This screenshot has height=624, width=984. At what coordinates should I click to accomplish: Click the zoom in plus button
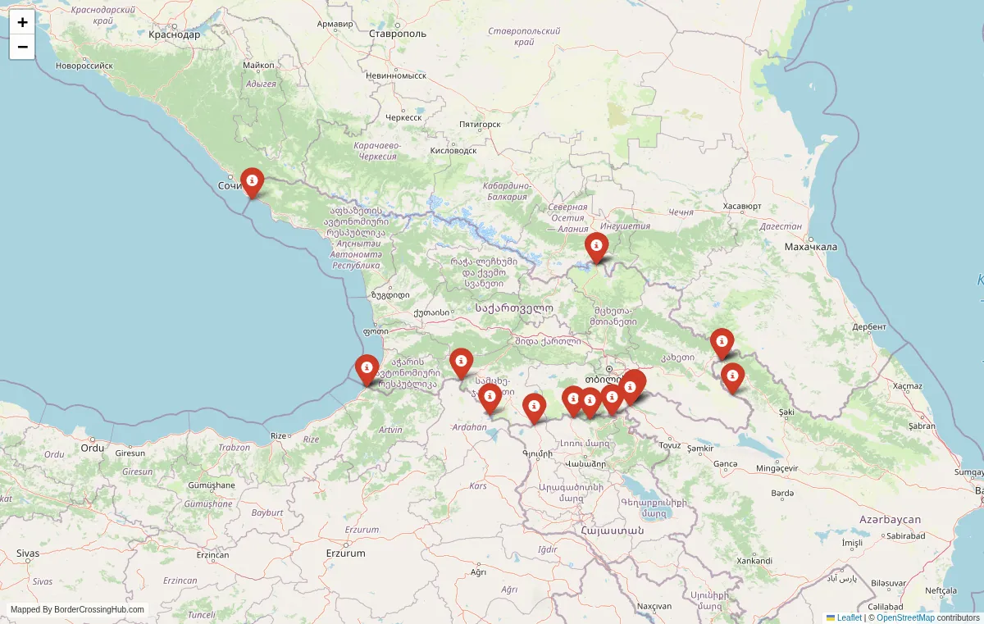pos(22,23)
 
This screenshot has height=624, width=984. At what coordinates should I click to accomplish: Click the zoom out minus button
pos(22,48)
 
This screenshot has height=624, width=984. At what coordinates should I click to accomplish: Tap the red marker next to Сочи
pos(252,180)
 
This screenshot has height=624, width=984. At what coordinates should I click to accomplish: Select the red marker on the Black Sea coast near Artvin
pos(367,367)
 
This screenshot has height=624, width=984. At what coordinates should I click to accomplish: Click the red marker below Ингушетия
pos(596,245)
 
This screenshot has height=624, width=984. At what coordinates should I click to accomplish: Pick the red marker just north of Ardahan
pos(490,398)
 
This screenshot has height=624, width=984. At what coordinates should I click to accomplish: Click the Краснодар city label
pos(174,34)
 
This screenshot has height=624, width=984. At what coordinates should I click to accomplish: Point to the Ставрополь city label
pos(398,34)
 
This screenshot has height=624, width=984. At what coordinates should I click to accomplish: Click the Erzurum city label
pos(345,553)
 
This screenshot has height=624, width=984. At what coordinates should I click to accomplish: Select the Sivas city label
pos(27,553)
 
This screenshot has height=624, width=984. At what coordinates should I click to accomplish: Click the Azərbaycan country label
pos(890,520)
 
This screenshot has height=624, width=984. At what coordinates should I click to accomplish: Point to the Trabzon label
pos(235,447)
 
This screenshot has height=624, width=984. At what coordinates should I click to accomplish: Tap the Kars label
pos(477,486)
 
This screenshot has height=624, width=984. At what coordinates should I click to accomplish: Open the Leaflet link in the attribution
pos(849,617)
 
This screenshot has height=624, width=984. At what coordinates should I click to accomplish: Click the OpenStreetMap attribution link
pos(905,617)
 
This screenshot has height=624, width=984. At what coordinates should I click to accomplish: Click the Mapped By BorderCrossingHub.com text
pos(77,609)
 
